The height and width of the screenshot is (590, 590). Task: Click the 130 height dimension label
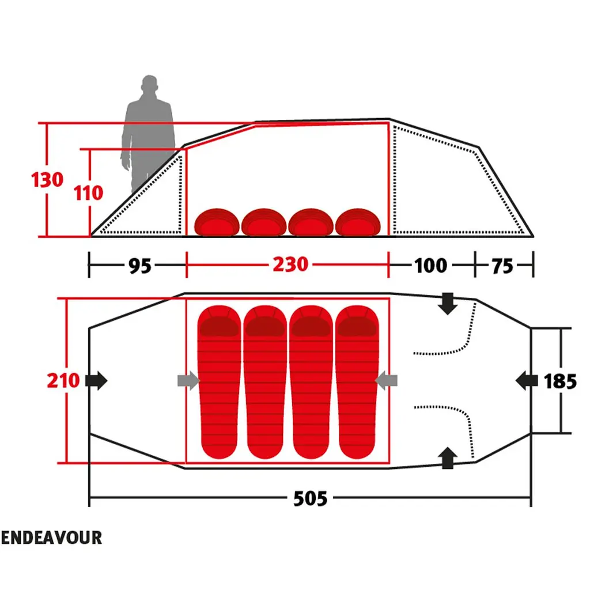pyautogui.click(x=47, y=180)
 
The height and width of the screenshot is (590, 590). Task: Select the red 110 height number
pyautogui.click(x=88, y=193)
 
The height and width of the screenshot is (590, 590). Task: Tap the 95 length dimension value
pyautogui.click(x=140, y=266)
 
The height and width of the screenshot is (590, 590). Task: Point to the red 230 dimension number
pyautogui.click(x=290, y=264)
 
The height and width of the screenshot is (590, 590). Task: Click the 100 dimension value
pyautogui.click(x=431, y=266)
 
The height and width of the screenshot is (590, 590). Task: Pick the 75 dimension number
pyautogui.click(x=502, y=266)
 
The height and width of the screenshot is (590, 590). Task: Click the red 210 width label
pyautogui.click(x=63, y=380)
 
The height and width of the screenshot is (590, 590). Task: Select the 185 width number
pyautogui.click(x=560, y=381)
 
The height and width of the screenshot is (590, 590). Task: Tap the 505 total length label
pyautogui.click(x=311, y=498)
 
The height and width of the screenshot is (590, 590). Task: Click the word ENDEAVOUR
pyautogui.click(x=51, y=538)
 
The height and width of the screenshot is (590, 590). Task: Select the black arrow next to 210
pyautogui.click(x=96, y=380)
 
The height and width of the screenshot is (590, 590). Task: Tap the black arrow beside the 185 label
pyautogui.click(x=527, y=380)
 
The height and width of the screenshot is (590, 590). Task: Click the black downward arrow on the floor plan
pyautogui.click(x=448, y=304)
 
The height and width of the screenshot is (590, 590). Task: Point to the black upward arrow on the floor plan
pyautogui.click(x=448, y=457)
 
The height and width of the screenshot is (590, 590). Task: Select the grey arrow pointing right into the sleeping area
pyautogui.click(x=188, y=380)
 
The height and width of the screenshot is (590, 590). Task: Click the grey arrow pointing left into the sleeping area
pyautogui.click(x=386, y=380)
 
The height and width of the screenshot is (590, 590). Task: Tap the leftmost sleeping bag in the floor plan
pyautogui.click(x=219, y=382)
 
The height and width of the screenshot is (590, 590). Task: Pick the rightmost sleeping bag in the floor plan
pyautogui.click(x=357, y=382)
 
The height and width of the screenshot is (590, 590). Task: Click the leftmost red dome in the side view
pyautogui.click(x=217, y=222)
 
